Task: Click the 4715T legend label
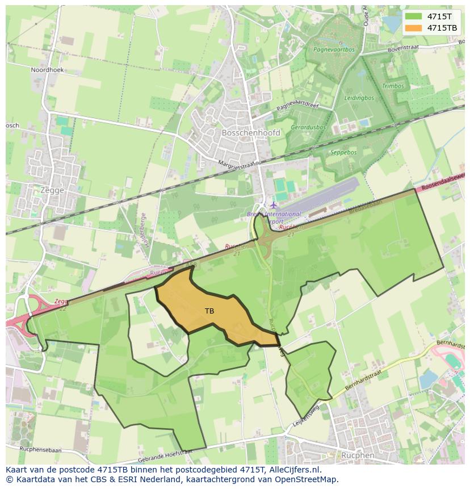pos(439,16)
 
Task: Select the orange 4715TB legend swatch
pos(414,28)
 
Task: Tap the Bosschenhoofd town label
pos(243,132)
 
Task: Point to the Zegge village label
pos(52,191)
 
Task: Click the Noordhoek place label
pos(48,70)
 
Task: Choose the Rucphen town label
pos(358,455)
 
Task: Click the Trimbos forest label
pos(393,86)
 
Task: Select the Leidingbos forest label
pos(359,98)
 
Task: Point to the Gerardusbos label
pos(308,128)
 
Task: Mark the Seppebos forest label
pos(343,152)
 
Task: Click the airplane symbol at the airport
pos(274,204)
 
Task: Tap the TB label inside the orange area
pos(209,311)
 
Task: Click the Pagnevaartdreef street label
pos(298,102)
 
